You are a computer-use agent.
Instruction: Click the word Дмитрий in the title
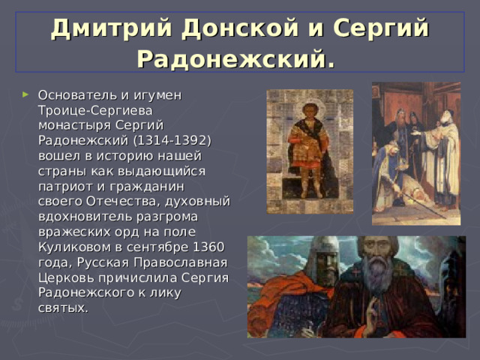click(x=101, y=28)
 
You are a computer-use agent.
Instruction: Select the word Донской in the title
click(x=226, y=28)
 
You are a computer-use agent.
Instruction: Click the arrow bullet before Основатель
click(x=28, y=95)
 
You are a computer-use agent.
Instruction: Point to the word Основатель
click(x=73, y=95)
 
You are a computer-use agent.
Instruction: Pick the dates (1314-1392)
click(x=173, y=140)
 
